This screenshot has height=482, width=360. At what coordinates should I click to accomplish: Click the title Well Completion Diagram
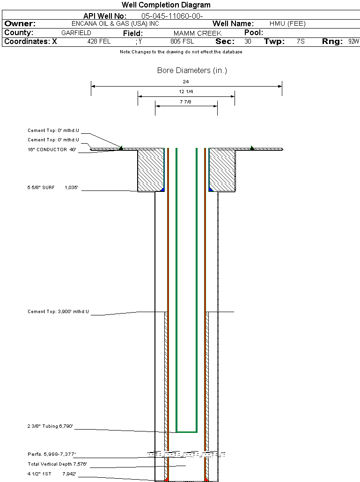(166, 5)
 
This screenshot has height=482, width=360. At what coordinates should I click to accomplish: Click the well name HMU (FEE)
(287, 24)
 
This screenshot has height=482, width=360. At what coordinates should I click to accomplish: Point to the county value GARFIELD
(76, 33)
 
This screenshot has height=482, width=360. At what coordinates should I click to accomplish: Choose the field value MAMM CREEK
(197, 33)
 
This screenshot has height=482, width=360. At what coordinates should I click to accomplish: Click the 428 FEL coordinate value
(99, 42)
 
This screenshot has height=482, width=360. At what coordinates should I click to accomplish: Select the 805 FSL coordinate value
(182, 42)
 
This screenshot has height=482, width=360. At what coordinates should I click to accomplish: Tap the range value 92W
(353, 42)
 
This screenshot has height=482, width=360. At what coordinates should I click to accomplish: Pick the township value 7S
(301, 42)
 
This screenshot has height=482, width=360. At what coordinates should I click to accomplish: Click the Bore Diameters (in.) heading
(192, 71)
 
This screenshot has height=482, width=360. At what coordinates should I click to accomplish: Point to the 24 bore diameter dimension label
(186, 82)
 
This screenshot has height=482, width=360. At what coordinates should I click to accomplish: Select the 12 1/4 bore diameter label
(186, 92)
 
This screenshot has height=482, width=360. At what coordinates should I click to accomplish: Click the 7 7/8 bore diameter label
(186, 101)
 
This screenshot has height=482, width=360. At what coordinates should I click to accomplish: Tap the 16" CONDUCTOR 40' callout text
(52, 150)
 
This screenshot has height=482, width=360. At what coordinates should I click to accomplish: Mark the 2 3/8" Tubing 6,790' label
(51, 426)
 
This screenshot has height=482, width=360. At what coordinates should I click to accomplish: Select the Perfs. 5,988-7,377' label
(51, 454)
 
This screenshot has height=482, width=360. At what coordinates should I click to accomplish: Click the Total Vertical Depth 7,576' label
(57, 464)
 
